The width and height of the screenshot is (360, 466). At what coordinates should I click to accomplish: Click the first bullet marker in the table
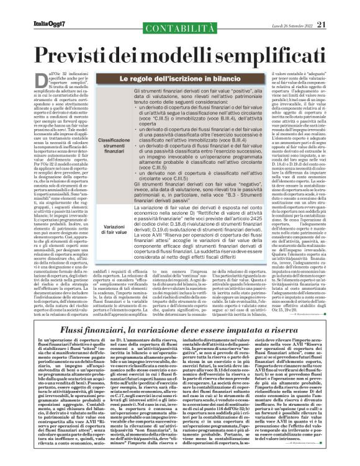pyautogui.click(x=135, y=117)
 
